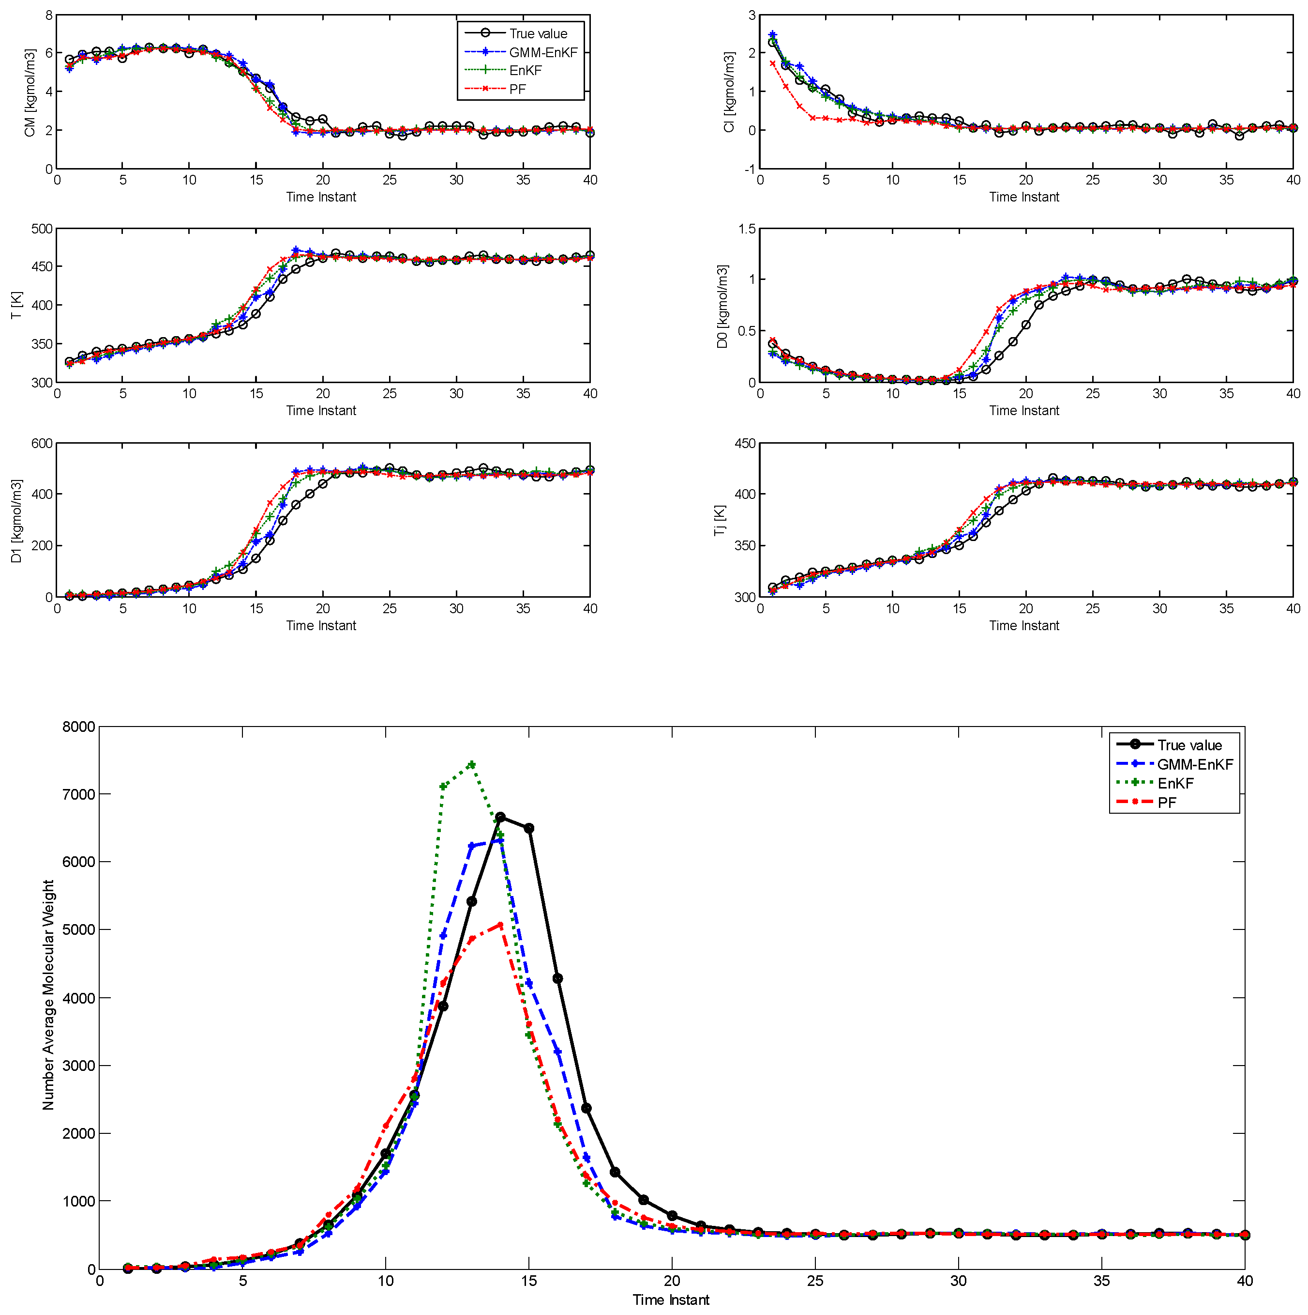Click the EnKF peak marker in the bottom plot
[x=471, y=764]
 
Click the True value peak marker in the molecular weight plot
[x=500, y=817]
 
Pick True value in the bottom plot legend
[x=1189, y=745]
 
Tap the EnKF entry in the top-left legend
[x=525, y=71]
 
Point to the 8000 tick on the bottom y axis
[x=79, y=727]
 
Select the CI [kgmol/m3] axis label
[x=729, y=93]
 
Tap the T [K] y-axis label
[x=17, y=306]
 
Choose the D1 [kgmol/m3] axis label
[x=17, y=521]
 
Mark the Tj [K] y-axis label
[x=720, y=521]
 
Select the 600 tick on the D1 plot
[x=42, y=444]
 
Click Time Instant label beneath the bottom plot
[x=671, y=1300]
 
